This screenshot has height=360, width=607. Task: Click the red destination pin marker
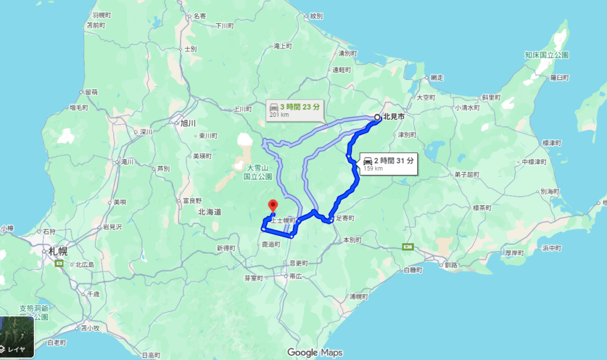[273, 206]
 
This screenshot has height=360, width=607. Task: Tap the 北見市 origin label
[394, 117]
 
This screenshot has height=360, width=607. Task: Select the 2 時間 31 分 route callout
[389, 163]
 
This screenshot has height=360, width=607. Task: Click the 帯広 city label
[296, 276]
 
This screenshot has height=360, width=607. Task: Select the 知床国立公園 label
[547, 55]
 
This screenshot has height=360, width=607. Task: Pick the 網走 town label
[437, 77]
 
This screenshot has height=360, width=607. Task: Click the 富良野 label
[193, 200]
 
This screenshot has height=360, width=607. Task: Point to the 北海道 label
[210, 212]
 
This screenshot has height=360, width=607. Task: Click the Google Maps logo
[314, 352]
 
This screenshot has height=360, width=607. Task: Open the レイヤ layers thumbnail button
[17, 337]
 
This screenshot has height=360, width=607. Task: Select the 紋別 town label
[315, 16]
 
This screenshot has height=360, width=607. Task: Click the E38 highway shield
[407, 246]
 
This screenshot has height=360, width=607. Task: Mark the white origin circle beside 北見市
[377, 117]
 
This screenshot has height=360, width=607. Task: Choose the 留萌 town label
[91, 92]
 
